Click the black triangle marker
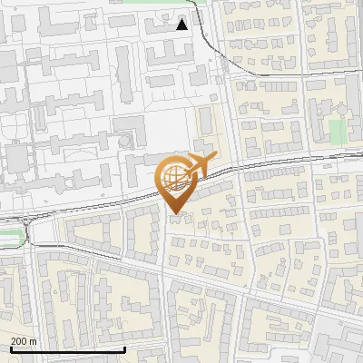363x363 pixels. (182, 25)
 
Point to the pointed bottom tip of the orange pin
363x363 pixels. (175, 214)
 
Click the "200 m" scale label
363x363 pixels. (24, 341)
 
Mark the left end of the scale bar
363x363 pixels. (10, 349)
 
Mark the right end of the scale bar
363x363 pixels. (124, 349)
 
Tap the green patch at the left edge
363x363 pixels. (8, 239)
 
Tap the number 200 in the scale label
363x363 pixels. (19, 341)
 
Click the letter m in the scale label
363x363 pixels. (33, 342)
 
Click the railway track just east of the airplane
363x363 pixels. (245, 166)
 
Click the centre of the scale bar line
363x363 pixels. (67, 349)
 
